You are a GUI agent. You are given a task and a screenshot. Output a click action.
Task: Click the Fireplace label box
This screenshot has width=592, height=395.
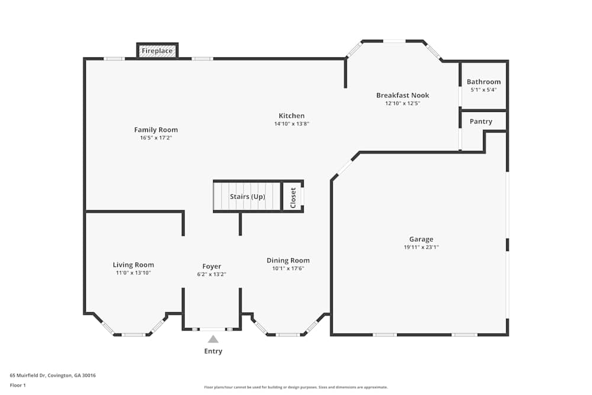coord(157,51)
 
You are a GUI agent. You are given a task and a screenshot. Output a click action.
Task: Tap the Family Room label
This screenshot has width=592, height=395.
coord(156,130)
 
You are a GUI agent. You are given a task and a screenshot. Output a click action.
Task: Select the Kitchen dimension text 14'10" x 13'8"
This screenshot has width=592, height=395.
coord(292,124)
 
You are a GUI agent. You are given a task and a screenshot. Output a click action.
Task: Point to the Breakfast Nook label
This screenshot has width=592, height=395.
coord(403,95)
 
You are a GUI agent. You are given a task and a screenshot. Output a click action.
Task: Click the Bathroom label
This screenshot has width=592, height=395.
coord(483,82)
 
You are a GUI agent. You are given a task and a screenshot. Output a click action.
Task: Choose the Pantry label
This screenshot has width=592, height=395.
coord(481,121)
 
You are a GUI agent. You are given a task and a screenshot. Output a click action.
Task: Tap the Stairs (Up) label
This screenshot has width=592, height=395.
coord(247,197)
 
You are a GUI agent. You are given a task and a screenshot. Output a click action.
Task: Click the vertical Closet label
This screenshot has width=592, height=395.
coord(293,197)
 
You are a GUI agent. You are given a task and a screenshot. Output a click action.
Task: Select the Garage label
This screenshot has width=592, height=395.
coord(421,239)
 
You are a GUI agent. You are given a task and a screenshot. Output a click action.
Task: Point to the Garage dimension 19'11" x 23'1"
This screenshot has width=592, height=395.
coord(421,248)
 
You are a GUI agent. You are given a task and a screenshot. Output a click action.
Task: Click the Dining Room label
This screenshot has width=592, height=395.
coord(288,261)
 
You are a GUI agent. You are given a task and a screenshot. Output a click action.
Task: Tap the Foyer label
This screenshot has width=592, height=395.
coord(211,266)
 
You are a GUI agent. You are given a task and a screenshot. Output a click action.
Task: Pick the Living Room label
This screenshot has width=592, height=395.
coord(133,265)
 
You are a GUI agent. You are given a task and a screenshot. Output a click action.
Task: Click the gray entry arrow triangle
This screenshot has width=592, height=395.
coord(213,339)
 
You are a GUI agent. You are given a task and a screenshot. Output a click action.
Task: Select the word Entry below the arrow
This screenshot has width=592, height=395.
coord(213,351)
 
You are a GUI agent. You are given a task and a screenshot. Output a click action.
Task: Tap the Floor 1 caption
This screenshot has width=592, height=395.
coord(18,385)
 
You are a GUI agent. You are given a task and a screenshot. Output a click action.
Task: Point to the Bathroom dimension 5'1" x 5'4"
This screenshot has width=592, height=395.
coord(483,90)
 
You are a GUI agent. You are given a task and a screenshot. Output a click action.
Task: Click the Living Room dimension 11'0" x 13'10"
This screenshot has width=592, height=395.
coord(133,273)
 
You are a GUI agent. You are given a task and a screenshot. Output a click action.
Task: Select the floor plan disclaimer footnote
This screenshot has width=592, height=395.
coord(296,387)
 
